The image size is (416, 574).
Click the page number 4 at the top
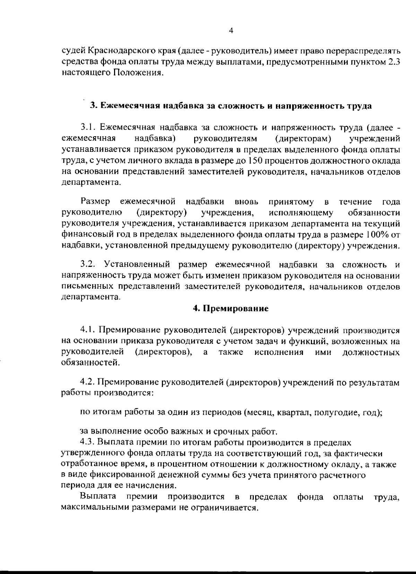[231, 31]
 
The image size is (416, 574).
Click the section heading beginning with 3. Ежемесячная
[231, 106]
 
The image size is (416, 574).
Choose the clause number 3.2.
[88, 265]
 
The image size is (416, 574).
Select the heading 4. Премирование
[231, 309]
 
